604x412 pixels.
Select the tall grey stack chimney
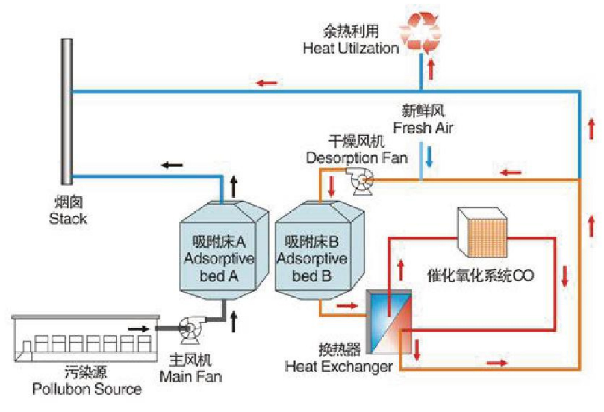[66, 109]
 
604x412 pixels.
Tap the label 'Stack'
[67, 218]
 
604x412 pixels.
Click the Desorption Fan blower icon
[362, 180]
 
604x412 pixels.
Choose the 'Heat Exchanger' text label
[339, 366]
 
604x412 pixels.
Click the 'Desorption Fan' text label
[356, 158]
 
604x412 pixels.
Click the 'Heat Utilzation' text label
[350, 48]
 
